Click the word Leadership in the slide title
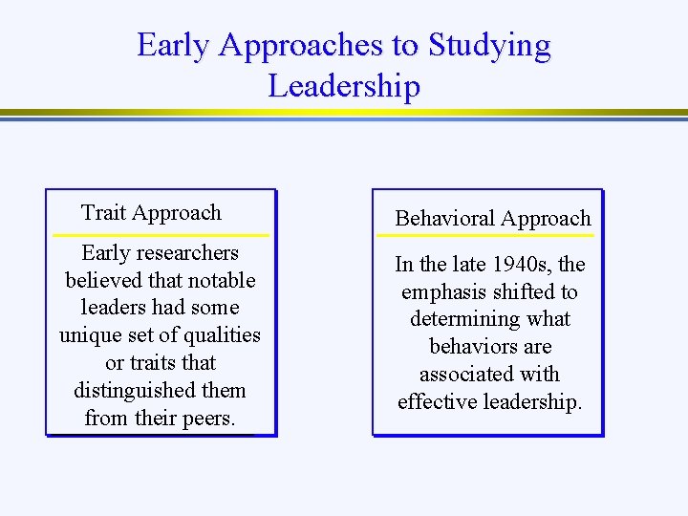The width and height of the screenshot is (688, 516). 344,86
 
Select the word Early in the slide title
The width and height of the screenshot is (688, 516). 169,45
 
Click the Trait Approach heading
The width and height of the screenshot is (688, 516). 151,213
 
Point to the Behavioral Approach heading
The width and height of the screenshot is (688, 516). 493,219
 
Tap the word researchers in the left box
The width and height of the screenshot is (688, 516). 187,253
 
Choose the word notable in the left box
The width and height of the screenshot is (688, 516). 220,281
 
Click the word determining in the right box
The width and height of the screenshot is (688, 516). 463,319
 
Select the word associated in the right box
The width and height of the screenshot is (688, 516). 463,375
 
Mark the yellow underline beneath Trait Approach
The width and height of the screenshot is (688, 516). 161,234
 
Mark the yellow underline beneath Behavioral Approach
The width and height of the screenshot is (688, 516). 485,235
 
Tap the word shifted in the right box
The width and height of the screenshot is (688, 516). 525,292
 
